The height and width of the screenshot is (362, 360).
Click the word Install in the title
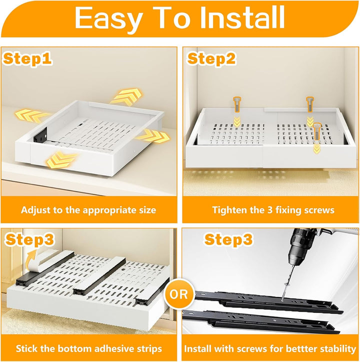click(x=242, y=17)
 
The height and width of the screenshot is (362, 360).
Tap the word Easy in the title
click(x=108, y=19)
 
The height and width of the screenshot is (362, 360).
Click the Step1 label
click(x=27, y=58)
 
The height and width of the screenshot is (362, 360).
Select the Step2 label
click(x=211, y=58)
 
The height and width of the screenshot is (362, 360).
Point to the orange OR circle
click(x=178, y=294)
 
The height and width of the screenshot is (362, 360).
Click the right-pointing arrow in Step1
click(x=153, y=136)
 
